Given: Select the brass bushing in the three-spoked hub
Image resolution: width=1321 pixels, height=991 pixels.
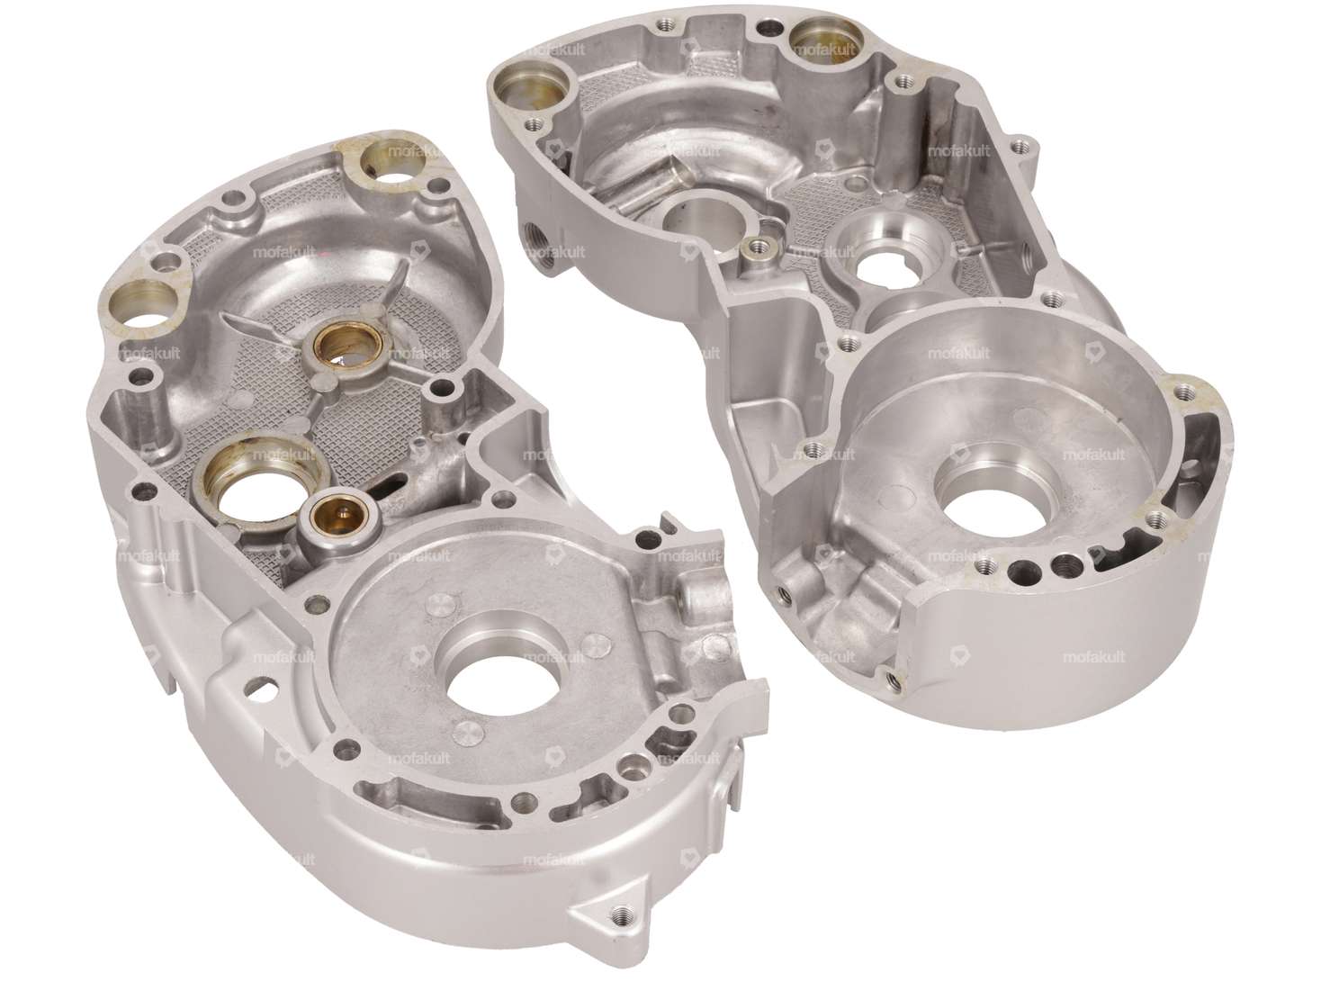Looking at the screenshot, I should pos(335,347).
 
